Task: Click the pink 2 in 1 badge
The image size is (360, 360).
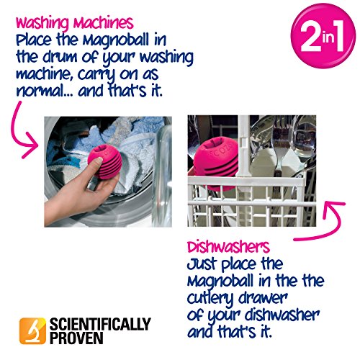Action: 323,36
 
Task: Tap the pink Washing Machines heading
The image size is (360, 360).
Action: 74,24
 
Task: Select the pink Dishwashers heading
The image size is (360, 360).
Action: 228,247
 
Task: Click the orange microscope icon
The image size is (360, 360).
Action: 32,330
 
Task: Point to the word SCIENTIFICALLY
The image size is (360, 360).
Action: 100,324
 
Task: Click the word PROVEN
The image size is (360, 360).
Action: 76,338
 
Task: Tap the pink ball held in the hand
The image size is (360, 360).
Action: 104,162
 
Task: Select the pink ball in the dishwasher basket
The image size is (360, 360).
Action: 215,165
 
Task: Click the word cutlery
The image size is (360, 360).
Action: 210,299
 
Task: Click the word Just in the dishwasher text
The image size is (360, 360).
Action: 202,264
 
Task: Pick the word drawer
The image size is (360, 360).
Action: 263,297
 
